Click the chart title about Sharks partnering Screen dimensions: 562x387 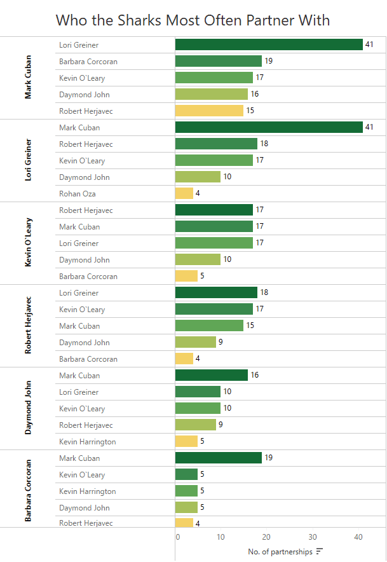(x=193, y=20)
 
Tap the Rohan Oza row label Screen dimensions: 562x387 (x=78, y=193)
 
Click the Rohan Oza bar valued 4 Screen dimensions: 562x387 (x=184, y=193)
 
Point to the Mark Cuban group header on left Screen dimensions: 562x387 (x=29, y=78)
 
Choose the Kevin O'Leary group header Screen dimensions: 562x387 (x=29, y=243)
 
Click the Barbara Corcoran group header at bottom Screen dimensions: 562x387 (x=29, y=490)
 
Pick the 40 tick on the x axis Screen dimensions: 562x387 (x=358, y=537)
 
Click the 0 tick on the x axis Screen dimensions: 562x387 (x=178, y=537)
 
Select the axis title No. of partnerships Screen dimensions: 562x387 (x=280, y=552)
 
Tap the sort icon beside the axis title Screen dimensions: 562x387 (x=320, y=552)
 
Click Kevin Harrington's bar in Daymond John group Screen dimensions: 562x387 (x=186, y=441)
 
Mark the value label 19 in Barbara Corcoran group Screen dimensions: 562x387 (x=268, y=458)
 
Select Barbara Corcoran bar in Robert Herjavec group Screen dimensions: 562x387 (x=184, y=359)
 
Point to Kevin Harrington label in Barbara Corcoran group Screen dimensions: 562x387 (x=88, y=491)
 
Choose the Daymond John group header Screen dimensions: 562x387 (x=29, y=408)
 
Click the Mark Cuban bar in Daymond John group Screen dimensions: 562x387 (x=212, y=375)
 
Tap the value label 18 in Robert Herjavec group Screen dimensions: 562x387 (x=264, y=292)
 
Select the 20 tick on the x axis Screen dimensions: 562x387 (x=267, y=537)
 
